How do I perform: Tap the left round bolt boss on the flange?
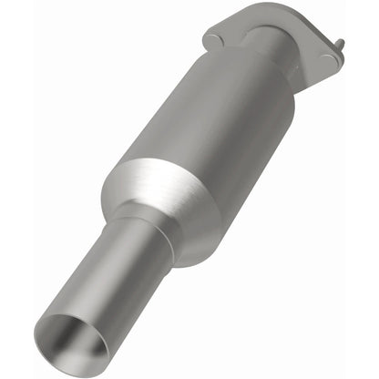(215, 39)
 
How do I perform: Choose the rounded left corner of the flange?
(208, 41)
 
